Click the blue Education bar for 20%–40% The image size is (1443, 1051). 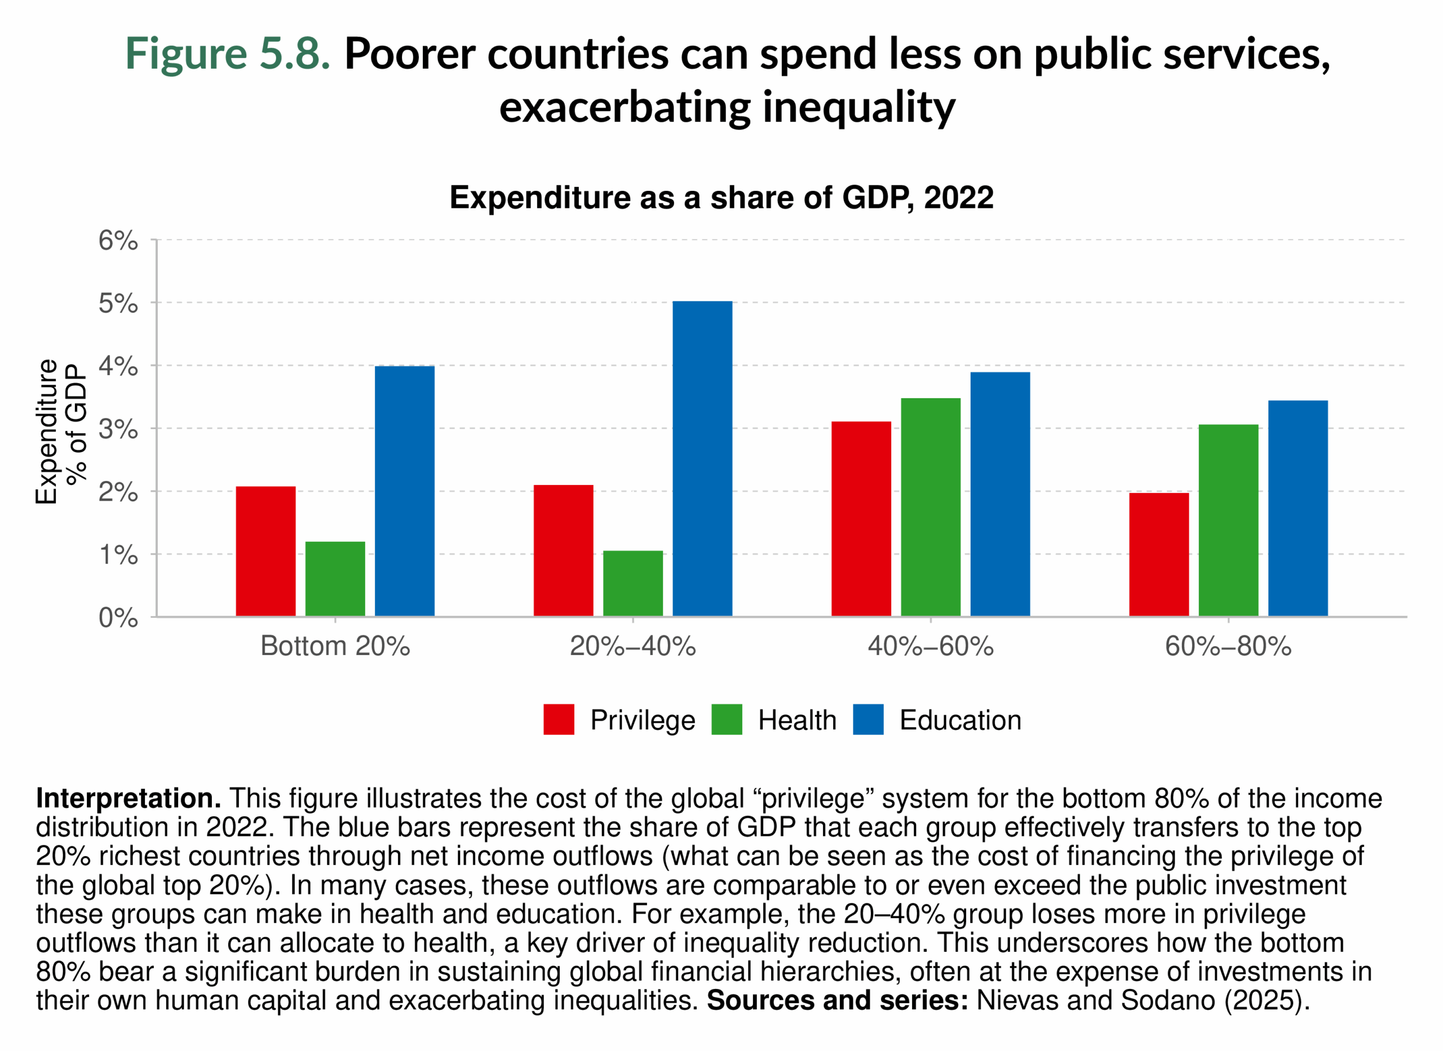tap(702, 458)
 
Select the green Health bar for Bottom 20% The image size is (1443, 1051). tap(335, 578)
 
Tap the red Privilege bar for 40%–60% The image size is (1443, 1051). tap(861, 519)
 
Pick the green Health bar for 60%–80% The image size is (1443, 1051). tap(1228, 520)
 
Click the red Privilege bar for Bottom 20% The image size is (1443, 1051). tap(265, 551)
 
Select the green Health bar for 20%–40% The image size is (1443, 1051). tap(632, 583)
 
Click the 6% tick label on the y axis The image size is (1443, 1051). tap(118, 241)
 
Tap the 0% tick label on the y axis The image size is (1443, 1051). tap(118, 618)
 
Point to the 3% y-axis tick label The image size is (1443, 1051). tap(118, 429)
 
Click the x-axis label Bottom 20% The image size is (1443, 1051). tap(335, 647)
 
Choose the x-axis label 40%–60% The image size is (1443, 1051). tap(930, 647)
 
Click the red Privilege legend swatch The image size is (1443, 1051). tap(558, 720)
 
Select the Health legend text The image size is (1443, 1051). tap(797, 720)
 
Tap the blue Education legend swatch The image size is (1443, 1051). tap(867, 720)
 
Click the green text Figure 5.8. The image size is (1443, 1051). tap(227, 54)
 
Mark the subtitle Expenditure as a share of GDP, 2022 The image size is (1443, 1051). tap(721, 197)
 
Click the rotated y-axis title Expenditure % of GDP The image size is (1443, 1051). tap(60, 431)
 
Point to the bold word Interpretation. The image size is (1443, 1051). tap(128, 798)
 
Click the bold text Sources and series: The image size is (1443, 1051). tap(837, 1000)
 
